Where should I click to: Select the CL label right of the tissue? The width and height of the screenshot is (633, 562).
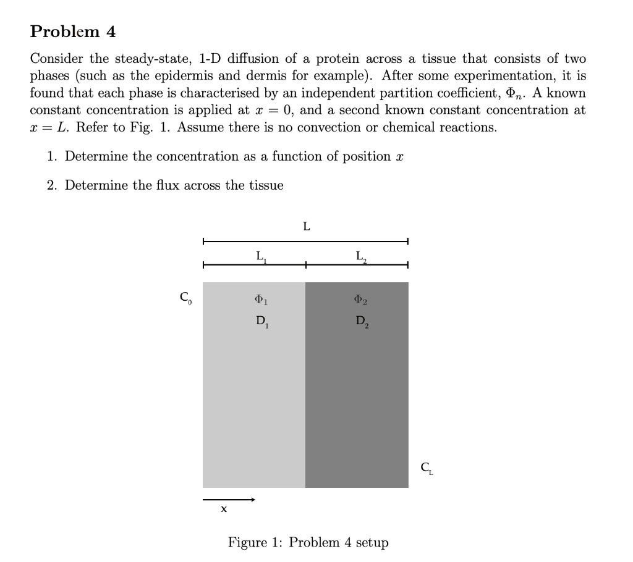pyautogui.click(x=427, y=468)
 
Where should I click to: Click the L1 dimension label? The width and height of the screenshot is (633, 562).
pyautogui.click(x=260, y=255)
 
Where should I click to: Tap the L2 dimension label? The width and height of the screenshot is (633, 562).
pyautogui.click(x=362, y=255)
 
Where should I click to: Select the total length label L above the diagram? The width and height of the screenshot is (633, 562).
pyautogui.click(x=306, y=227)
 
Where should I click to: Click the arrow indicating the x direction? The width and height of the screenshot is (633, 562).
pyautogui.click(x=228, y=498)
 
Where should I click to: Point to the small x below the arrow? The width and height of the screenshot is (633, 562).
pyautogui.click(x=224, y=510)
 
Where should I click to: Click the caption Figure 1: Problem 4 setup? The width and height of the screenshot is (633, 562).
pyautogui.click(x=308, y=542)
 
